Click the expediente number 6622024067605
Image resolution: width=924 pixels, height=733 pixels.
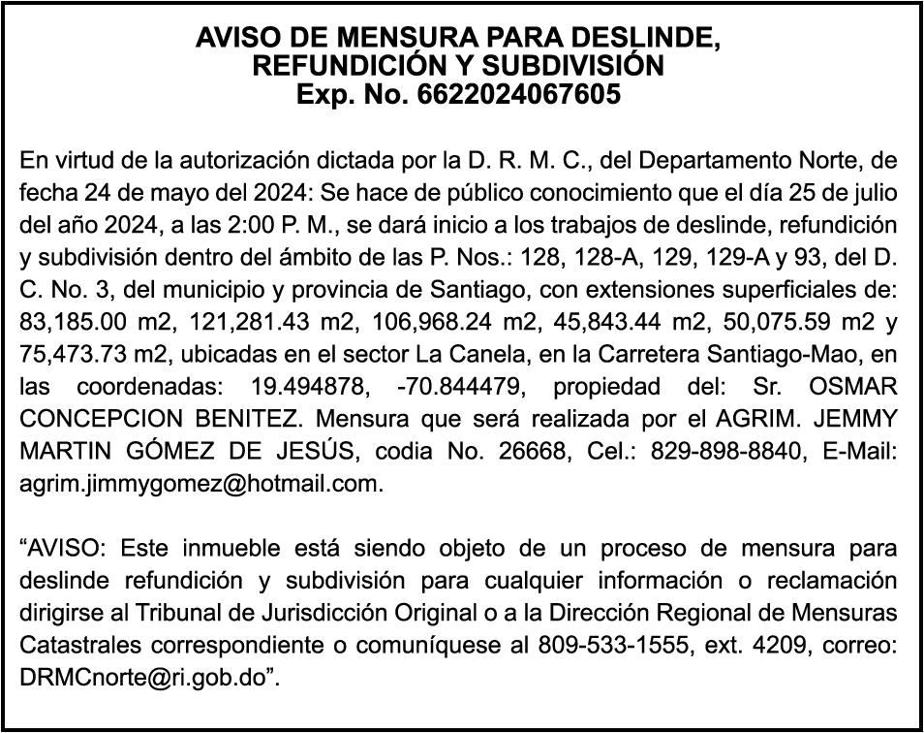(518, 95)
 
